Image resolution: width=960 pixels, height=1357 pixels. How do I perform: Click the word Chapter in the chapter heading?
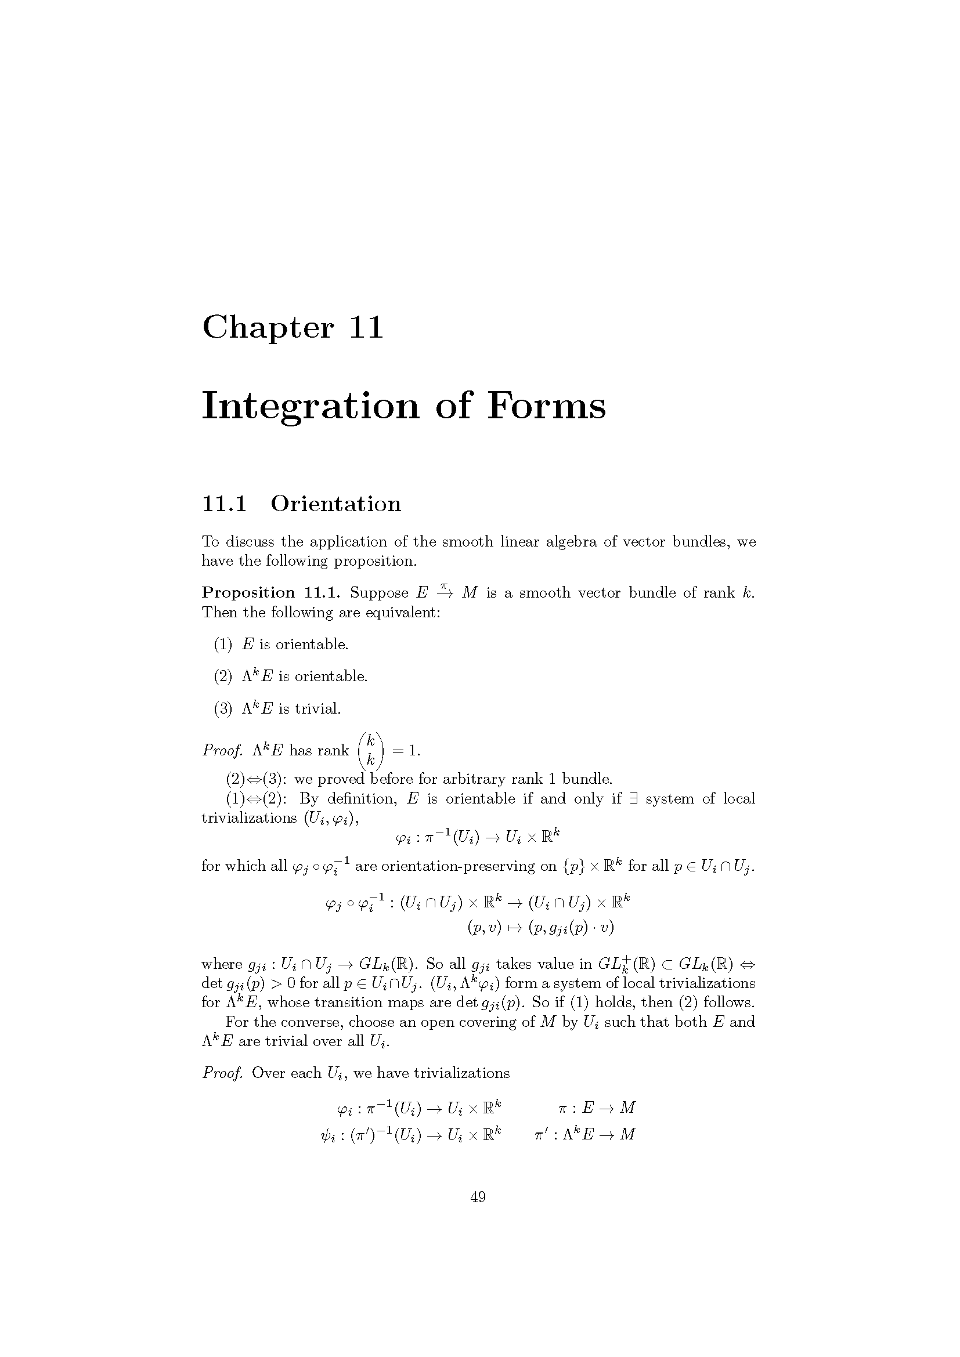pyautogui.click(x=268, y=327)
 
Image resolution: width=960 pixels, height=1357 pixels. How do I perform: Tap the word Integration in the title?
pyautogui.click(x=311, y=407)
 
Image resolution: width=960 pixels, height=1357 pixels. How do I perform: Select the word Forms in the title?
pyautogui.click(x=546, y=406)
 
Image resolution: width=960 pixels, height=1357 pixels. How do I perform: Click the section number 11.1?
pyautogui.click(x=224, y=504)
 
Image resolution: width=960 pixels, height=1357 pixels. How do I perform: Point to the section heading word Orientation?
pyautogui.click(x=335, y=504)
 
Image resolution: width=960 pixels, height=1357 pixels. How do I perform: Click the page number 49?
pyautogui.click(x=478, y=1197)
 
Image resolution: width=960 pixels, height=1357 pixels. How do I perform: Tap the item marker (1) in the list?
pyautogui.click(x=223, y=644)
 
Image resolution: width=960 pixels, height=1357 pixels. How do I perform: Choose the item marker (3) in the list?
pyautogui.click(x=223, y=708)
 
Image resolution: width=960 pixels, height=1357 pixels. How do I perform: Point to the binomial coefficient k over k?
pyautogui.click(x=371, y=751)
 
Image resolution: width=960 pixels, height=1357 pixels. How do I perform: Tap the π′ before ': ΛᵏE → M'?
pyautogui.click(x=539, y=1134)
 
